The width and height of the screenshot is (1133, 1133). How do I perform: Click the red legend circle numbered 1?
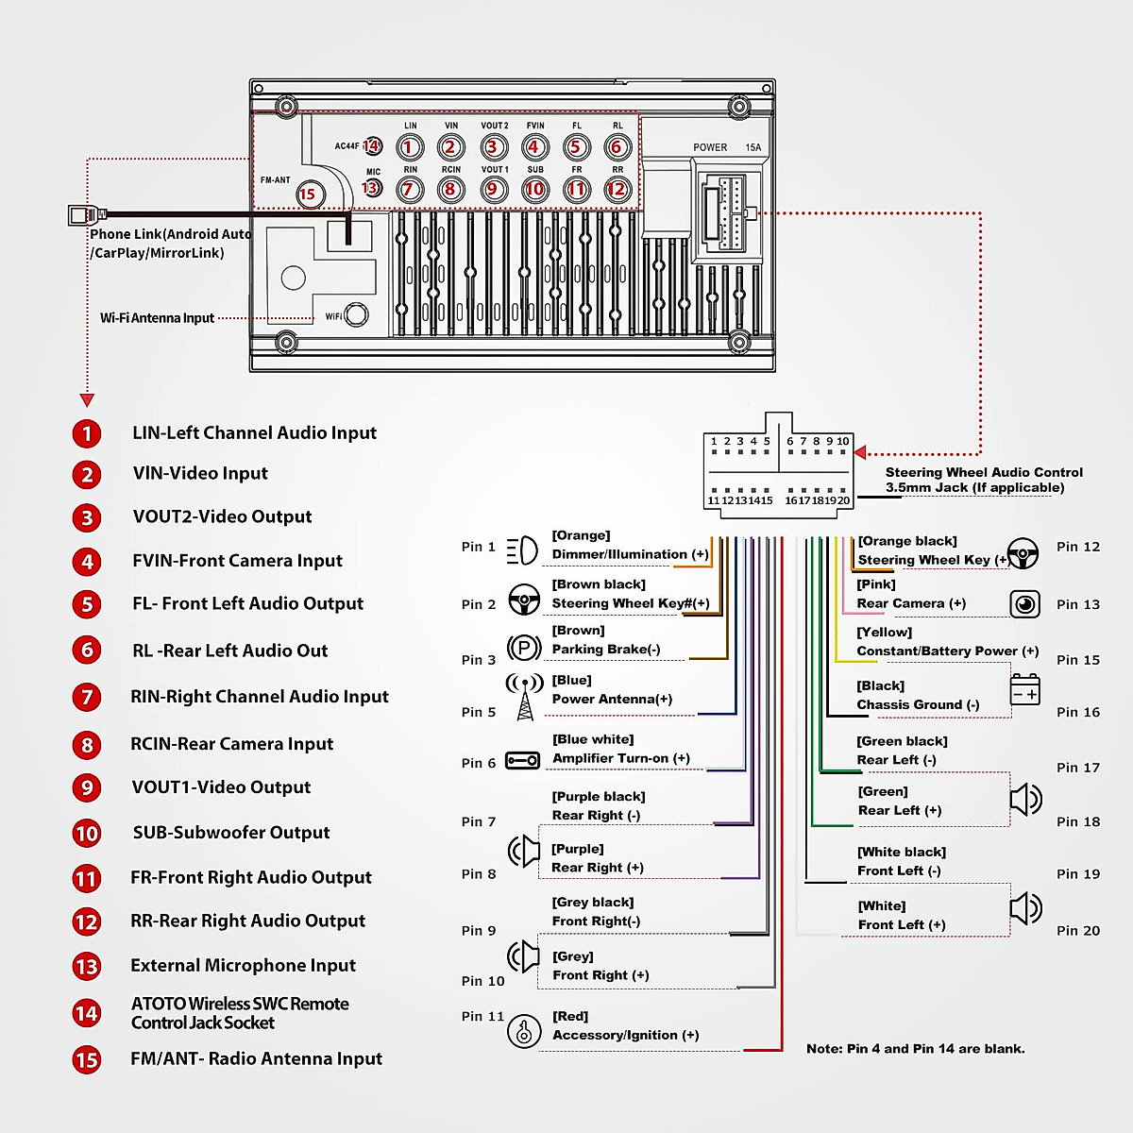click(x=87, y=433)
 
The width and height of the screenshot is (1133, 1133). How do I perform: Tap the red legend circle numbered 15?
click(x=87, y=1059)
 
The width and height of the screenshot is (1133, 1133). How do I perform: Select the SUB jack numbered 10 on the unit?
click(x=535, y=189)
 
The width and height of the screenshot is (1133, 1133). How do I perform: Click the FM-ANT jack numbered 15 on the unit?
click(x=308, y=194)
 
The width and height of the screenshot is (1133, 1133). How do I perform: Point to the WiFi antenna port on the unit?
click(x=357, y=314)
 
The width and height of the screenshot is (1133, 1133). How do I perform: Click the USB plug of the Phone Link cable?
click(x=82, y=214)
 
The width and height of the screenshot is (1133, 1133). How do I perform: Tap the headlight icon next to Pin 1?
click(x=522, y=550)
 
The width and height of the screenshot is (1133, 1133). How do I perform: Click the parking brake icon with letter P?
click(x=524, y=648)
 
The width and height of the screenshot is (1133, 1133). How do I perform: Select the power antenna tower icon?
click(x=525, y=697)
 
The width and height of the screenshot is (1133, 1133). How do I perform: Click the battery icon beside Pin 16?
click(x=1025, y=690)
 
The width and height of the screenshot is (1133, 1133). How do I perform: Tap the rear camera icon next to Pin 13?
click(x=1024, y=604)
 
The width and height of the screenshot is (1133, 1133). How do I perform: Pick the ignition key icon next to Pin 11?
click(x=524, y=1032)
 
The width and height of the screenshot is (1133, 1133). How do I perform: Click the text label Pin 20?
click(x=1078, y=931)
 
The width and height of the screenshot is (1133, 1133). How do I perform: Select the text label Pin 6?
click(x=479, y=763)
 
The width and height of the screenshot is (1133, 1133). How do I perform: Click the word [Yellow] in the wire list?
click(x=885, y=633)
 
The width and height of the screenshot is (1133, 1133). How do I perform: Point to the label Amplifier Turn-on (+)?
click(x=621, y=758)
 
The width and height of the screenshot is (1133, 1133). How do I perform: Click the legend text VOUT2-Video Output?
click(x=222, y=516)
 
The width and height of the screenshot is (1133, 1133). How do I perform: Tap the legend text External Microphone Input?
click(x=243, y=965)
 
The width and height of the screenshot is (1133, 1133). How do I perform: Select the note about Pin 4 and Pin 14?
click(x=915, y=1049)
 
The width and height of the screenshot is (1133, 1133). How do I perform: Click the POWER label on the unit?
click(x=710, y=147)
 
